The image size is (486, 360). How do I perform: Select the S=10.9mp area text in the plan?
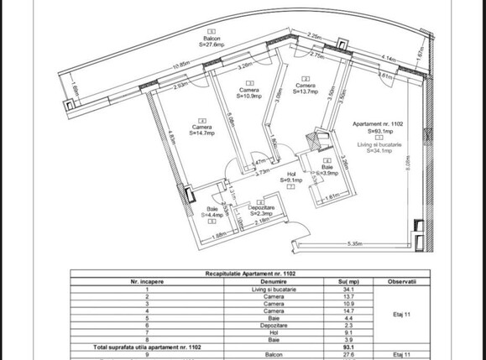coord(248,97)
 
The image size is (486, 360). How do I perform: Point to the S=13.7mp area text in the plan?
coord(306,91)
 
